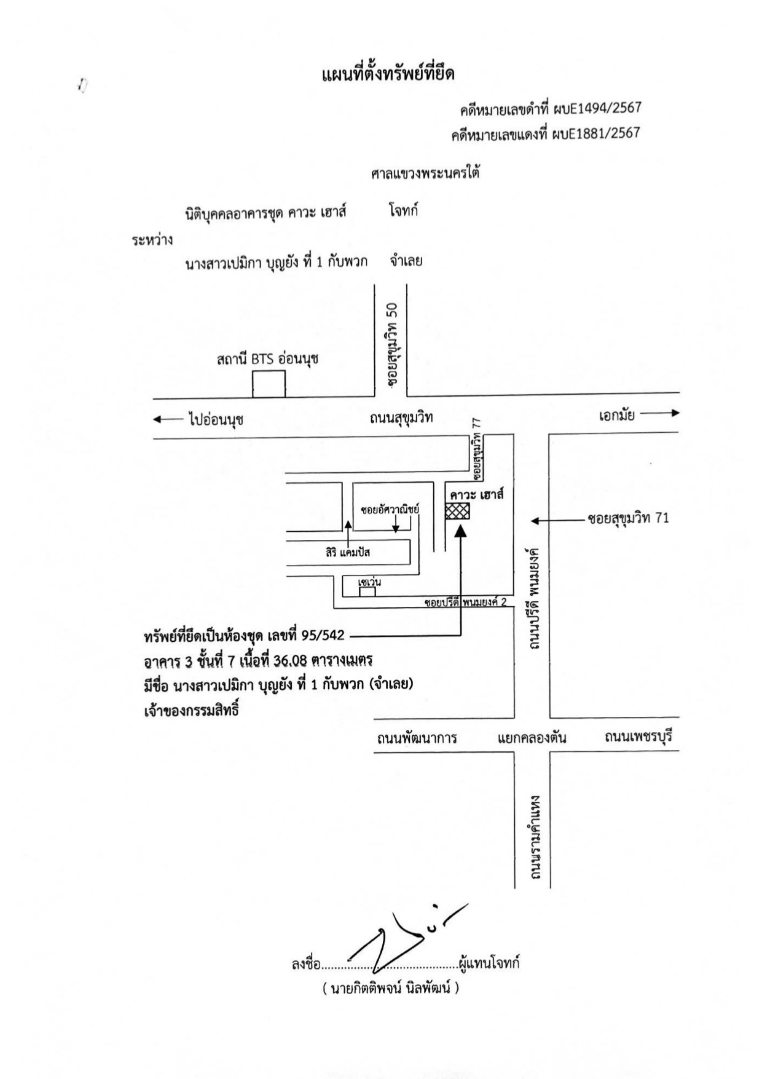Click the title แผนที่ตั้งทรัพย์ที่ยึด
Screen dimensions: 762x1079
388,76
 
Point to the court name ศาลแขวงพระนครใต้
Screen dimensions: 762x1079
425,173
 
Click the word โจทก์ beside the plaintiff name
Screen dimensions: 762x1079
404,211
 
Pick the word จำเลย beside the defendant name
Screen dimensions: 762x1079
406,261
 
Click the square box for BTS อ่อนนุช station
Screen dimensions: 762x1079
269,384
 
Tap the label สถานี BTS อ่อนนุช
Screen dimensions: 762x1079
267,360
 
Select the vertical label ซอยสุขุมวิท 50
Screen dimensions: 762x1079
393,345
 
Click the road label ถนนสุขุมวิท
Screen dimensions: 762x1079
401,419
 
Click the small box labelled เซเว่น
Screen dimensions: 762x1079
367,591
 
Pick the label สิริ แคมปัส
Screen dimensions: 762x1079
348,552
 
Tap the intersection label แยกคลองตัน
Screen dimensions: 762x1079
532,738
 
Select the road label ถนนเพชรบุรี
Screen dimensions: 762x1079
638,736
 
